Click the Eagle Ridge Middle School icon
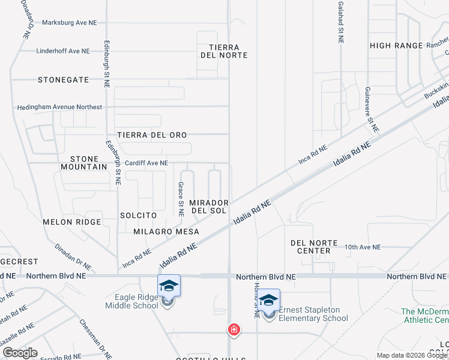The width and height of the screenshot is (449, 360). click(169, 286)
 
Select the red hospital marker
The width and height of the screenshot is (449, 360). click(234, 329)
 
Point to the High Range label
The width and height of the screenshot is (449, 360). click(397, 46)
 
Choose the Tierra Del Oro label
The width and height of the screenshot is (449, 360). click(152, 135)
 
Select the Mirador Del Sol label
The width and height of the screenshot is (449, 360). click(209, 207)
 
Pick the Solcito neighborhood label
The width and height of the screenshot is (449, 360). click(138, 215)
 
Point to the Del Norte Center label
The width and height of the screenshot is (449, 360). click(310, 247)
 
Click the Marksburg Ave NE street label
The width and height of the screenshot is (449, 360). click(70, 23)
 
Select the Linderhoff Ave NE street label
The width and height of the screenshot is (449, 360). click(62, 51)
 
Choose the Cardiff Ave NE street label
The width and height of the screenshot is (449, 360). click(146, 163)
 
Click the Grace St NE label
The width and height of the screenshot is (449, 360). click(181, 199)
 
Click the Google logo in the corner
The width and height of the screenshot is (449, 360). click(20, 353)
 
